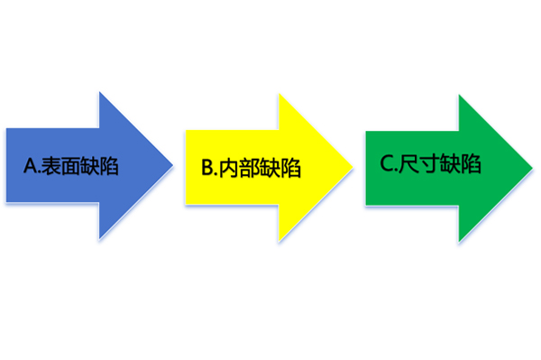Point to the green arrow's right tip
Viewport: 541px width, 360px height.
532,166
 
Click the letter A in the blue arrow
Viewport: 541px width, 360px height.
31,166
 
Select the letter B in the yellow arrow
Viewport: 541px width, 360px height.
206,168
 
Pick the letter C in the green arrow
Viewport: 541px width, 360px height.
387,164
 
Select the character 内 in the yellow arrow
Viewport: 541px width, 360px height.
230,168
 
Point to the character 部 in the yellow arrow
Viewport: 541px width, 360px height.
252,168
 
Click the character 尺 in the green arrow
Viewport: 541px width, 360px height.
409,164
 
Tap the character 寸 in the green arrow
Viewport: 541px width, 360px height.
431,164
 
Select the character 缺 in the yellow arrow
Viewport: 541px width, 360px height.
273,168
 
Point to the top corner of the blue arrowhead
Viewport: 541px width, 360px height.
100,93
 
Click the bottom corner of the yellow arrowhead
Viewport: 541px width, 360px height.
280,241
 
